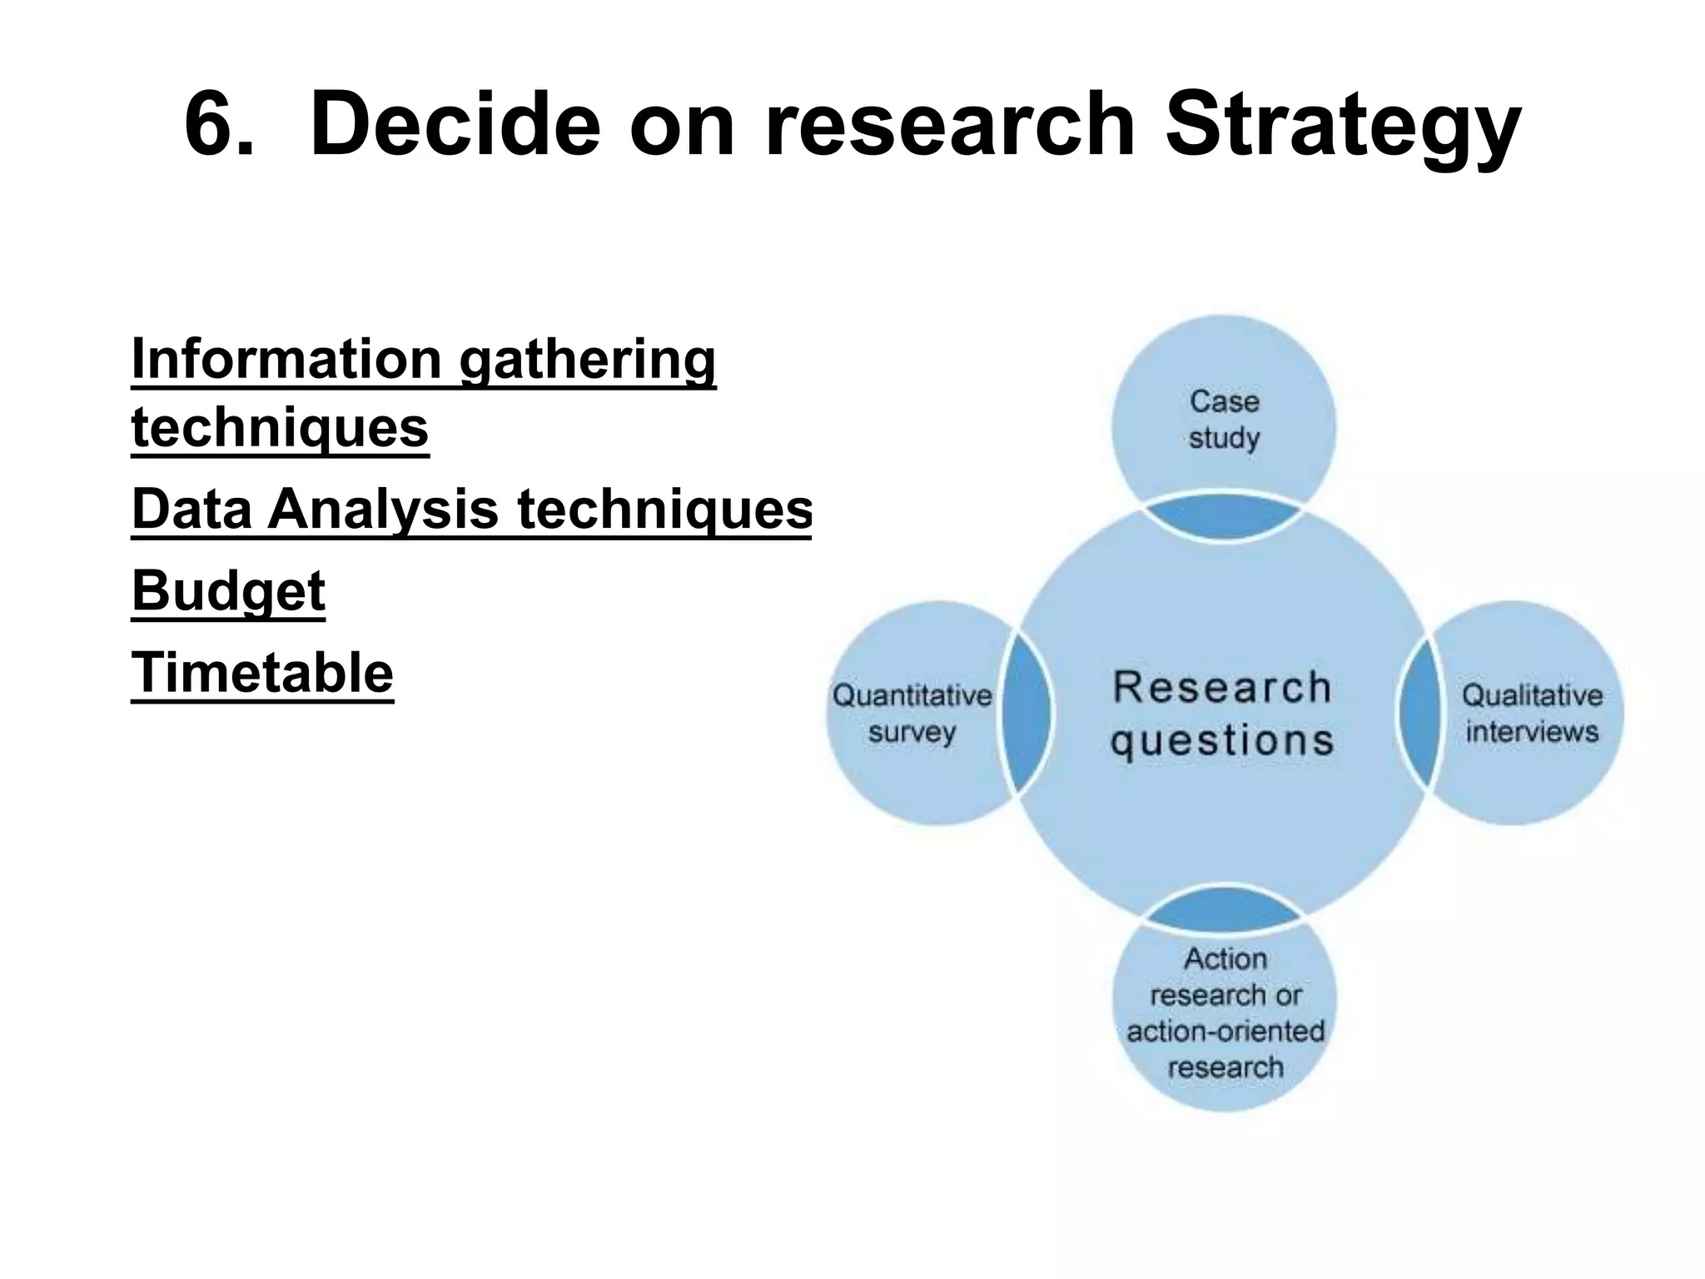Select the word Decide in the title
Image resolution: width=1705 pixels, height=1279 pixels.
454,125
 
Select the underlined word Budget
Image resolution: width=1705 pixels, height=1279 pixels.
228,592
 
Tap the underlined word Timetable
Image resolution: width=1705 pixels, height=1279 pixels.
262,673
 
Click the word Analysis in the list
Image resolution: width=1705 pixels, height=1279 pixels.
382,509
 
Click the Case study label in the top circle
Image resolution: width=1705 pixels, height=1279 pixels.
1224,420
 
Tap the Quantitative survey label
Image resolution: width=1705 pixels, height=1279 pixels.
912,714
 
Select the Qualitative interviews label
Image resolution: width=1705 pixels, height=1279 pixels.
1532,714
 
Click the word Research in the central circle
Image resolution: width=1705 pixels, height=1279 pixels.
1222,688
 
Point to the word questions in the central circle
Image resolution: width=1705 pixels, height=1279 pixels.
1222,740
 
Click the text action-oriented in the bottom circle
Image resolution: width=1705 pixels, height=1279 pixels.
1225,1031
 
